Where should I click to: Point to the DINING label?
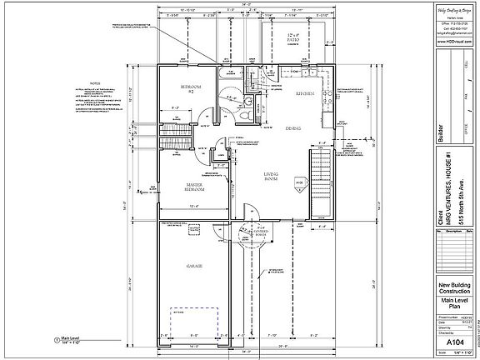tap(293, 129)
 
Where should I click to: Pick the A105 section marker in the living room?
tap(298, 181)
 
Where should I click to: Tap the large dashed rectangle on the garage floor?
tap(195, 321)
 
